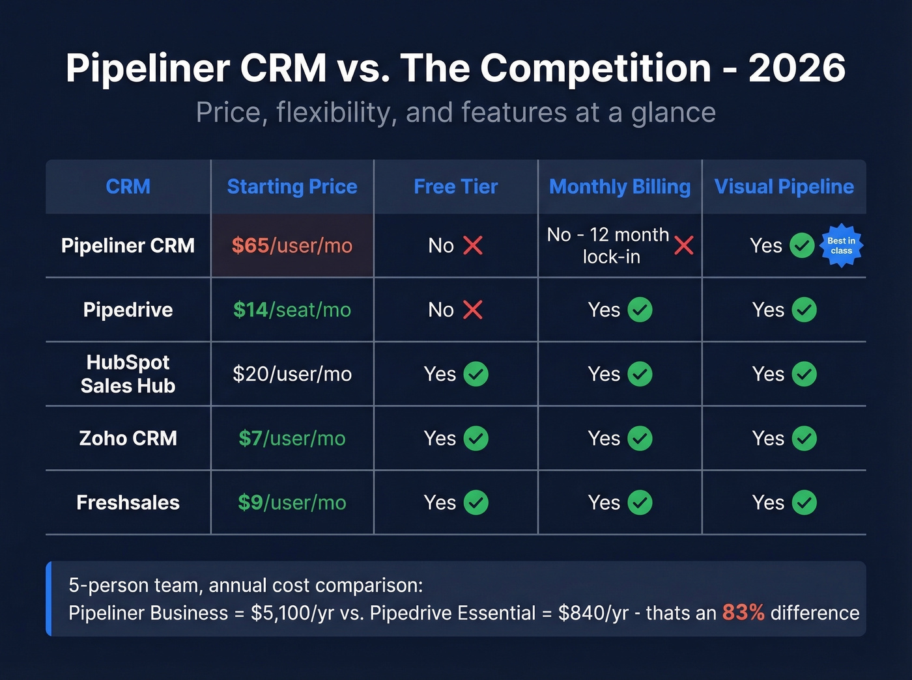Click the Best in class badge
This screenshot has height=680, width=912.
[841, 246]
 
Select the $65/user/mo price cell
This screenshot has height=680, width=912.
[292, 245]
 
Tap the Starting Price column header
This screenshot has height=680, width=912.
[292, 187]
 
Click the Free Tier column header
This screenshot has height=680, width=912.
[455, 187]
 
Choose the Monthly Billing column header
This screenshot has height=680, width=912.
[620, 187]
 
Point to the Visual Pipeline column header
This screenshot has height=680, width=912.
[784, 187]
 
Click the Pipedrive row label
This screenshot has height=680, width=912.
[128, 310]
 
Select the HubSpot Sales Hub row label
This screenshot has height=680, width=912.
[128, 374]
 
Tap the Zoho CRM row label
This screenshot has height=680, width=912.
[128, 438]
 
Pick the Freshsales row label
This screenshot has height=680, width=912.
[128, 502]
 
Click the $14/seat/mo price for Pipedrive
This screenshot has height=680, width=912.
[292, 310]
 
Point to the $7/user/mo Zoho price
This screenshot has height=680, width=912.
[292, 438]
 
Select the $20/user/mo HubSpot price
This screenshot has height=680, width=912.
[292, 374]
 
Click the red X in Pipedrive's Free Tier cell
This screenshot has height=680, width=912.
[473, 310]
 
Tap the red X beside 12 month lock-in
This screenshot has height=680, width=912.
[683, 245]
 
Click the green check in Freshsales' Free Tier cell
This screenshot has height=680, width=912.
[476, 502]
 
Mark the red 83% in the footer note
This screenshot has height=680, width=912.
[743, 612]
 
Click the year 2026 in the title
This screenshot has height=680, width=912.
[797, 68]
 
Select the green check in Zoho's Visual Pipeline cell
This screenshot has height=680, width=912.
[804, 438]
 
